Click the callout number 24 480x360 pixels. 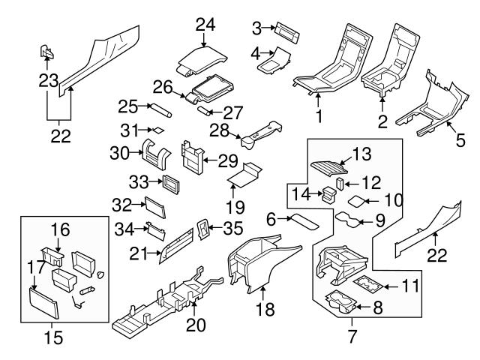200,25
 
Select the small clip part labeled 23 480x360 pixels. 46,52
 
